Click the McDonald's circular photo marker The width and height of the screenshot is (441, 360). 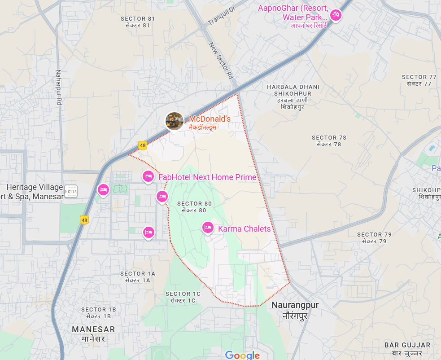[x=174, y=121]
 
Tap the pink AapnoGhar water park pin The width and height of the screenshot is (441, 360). [x=335, y=16]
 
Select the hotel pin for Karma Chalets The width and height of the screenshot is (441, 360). [x=207, y=228]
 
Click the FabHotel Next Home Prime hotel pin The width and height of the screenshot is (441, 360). [x=148, y=176]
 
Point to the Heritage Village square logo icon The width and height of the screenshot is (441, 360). [x=71, y=191]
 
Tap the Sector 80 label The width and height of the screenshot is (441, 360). [x=194, y=206]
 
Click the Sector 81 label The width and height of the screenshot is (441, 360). [x=138, y=22]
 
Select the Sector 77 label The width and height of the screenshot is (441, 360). [x=419, y=80]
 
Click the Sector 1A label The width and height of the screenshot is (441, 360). [x=138, y=277]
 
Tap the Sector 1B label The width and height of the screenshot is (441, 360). [x=99, y=312]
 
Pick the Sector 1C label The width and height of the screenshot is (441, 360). [x=183, y=297]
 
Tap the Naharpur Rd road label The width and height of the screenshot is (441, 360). [x=59, y=87]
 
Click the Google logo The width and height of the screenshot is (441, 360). [x=242, y=355]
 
